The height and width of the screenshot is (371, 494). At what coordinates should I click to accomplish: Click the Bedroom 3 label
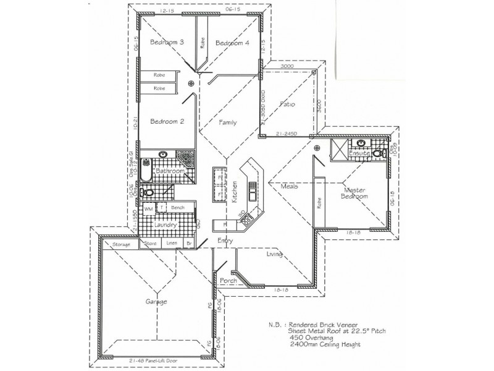[167, 42]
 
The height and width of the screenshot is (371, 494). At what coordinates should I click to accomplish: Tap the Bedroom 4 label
[233, 43]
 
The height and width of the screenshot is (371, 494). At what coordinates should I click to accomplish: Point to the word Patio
[287, 104]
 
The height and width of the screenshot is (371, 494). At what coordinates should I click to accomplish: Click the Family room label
[228, 122]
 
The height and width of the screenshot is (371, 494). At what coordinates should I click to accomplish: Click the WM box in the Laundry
[148, 210]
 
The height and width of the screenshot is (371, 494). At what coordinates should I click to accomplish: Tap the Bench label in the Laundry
[178, 208]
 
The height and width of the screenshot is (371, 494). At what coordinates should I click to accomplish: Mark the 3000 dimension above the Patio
[286, 66]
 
